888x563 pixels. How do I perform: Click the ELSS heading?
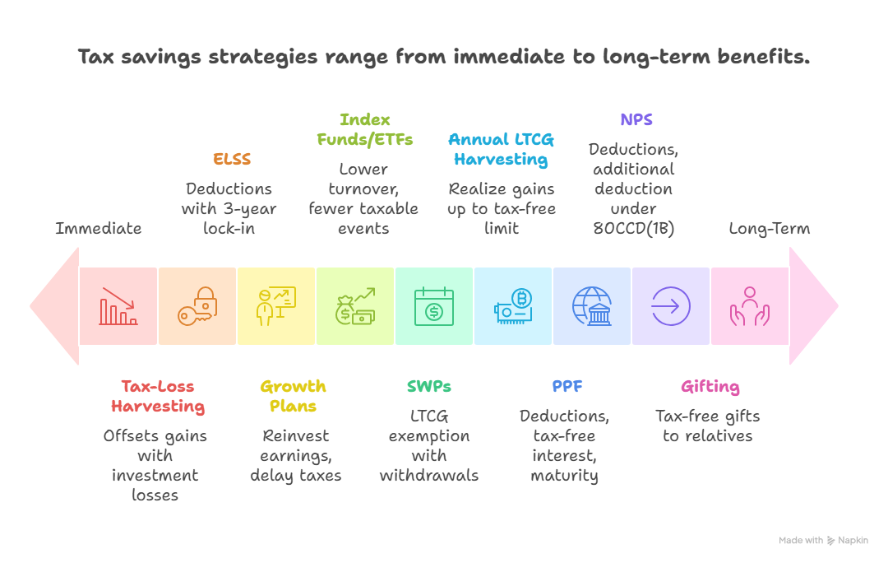click(232, 159)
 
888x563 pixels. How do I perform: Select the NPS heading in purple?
click(636, 119)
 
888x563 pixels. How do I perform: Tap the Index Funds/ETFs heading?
click(365, 129)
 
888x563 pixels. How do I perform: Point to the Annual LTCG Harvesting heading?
click(502, 149)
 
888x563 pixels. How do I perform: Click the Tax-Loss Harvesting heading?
click(158, 396)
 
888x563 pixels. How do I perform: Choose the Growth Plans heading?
click(293, 396)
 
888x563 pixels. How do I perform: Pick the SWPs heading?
click(428, 386)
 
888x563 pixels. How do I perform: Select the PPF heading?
click(567, 386)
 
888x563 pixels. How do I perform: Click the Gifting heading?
click(710, 387)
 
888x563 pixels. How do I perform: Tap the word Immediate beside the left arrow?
click(99, 228)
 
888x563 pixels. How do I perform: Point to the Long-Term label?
click(769, 229)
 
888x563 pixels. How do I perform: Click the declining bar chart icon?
click(118, 306)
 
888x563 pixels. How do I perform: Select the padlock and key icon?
click(197, 306)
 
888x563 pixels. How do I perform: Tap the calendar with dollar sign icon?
click(434, 306)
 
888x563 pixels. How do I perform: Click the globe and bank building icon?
click(592, 306)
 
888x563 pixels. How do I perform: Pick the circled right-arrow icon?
click(671, 306)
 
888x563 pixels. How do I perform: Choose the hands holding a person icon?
click(750, 306)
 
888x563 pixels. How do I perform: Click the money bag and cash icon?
click(355, 306)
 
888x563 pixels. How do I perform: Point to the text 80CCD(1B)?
click(634, 229)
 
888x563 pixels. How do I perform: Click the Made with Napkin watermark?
click(823, 540)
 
